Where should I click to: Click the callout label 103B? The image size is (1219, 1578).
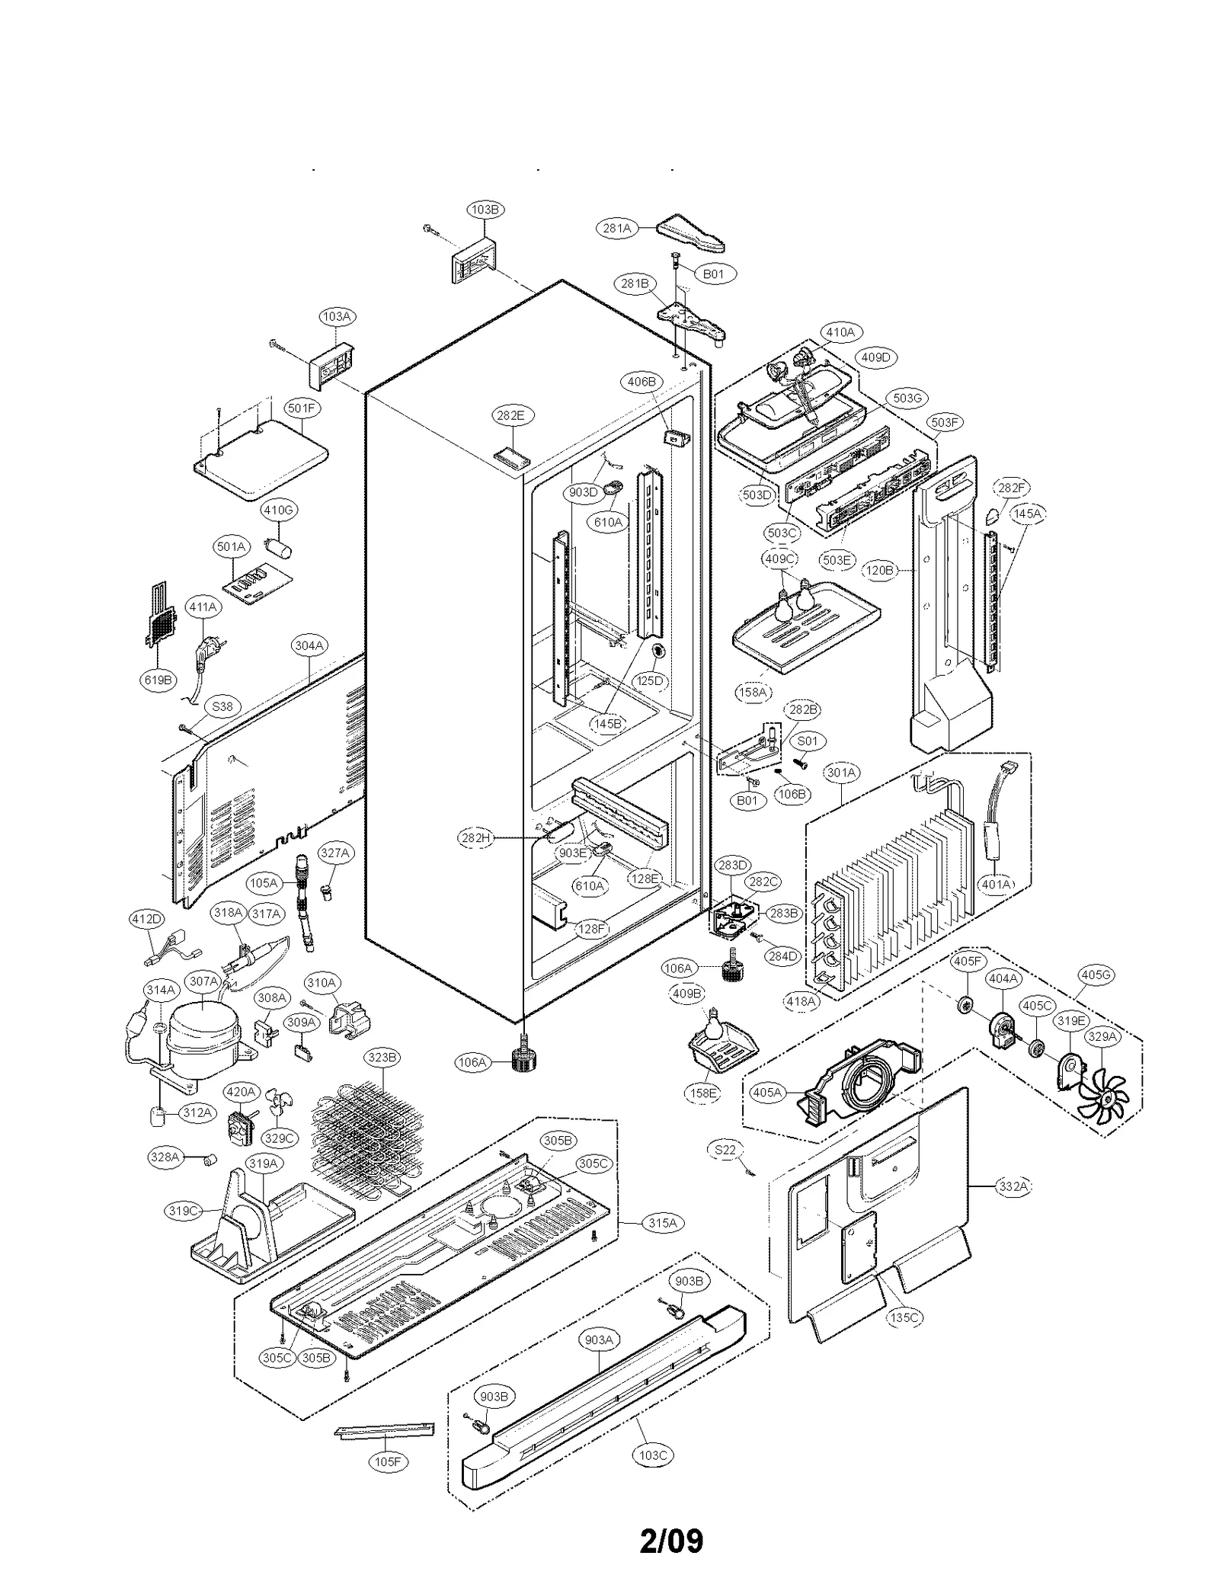point(485,210)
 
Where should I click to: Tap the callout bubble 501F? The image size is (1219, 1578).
point(302,408)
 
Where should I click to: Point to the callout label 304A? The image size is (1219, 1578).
point(309,645)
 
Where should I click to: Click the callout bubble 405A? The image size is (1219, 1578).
point(767,1093)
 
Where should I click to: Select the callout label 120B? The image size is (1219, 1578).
point(880,570)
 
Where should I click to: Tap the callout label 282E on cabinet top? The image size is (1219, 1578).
point(510,415)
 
